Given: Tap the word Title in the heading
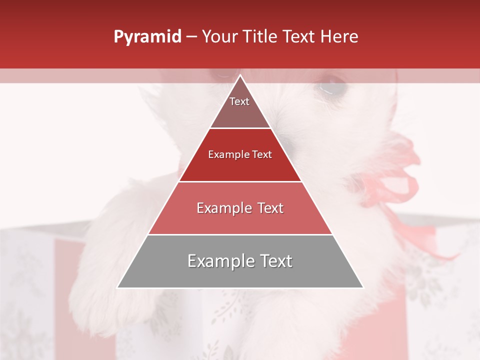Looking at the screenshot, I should [x=261, y=37].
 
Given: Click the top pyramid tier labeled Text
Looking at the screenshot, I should [x=239, y=107].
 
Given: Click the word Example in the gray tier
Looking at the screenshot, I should [x=218, y=261].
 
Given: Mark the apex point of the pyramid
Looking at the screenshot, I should [x=240, y=75].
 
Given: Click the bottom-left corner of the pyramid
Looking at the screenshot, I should [x=117, y=287].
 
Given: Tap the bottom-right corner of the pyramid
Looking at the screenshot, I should [x=362, y=287].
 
